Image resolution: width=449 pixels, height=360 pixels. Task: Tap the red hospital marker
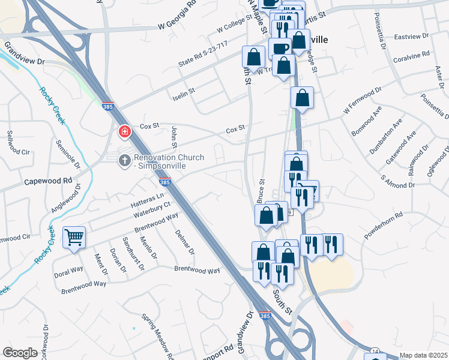tap(124, 130)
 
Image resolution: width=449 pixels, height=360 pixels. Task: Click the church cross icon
tap(124, 160)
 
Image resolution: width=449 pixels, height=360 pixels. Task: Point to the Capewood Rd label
tap(47, 180)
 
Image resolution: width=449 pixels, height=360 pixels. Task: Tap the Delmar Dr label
tap(185, 242)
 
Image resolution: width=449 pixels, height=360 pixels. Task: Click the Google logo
tap(20, 353)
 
